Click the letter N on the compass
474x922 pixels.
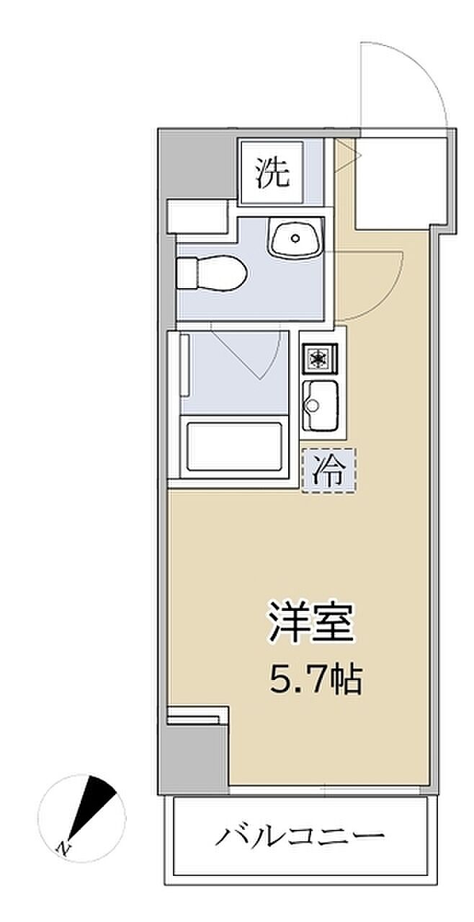point(61,846)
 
